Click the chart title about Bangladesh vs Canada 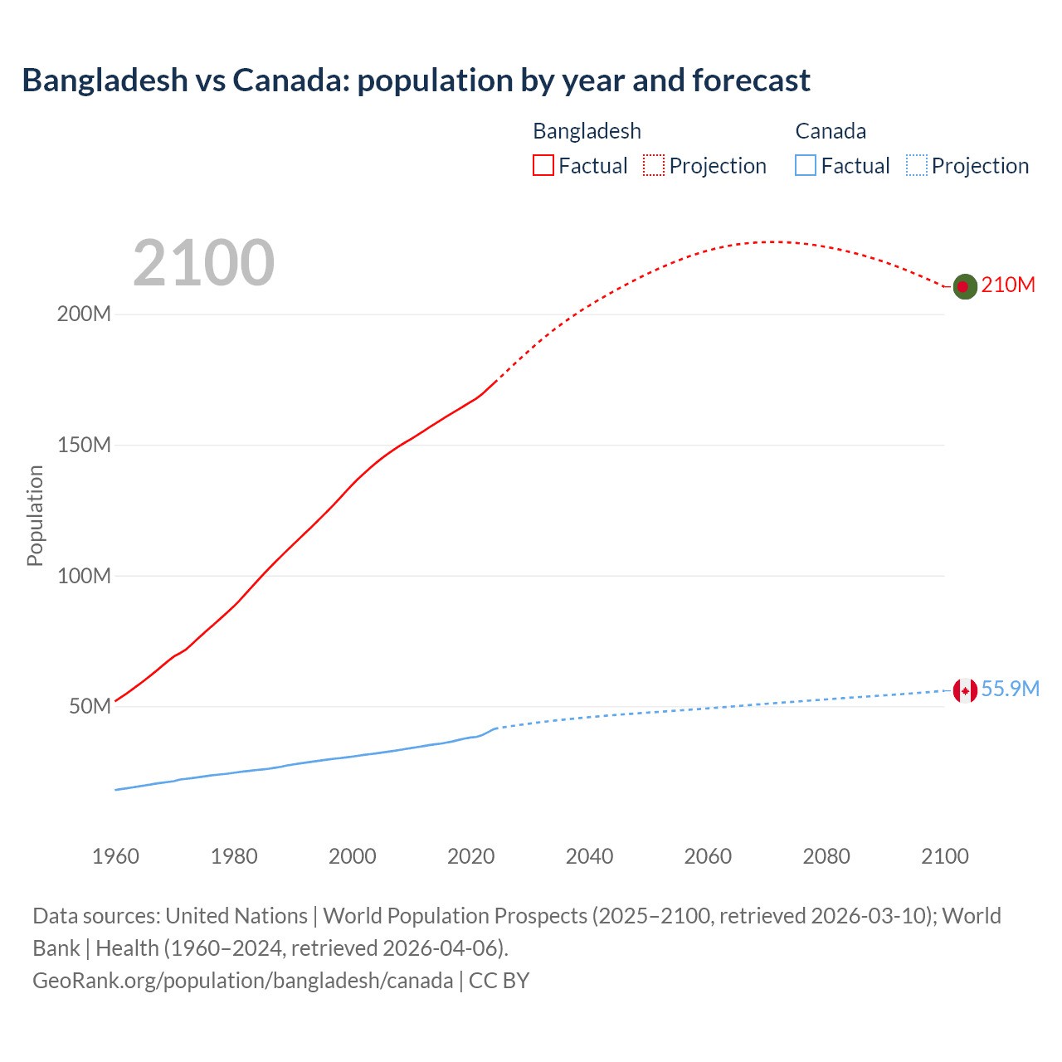416,80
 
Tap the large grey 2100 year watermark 203,263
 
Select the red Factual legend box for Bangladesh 543,166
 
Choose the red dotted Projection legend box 654,166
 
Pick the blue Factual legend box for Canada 806,166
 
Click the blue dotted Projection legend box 917,166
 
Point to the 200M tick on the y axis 84,314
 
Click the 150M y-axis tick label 84,446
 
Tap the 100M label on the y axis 84,576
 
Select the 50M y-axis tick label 90,707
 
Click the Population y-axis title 35,515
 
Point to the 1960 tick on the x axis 115,856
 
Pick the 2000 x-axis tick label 353,856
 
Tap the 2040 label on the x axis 589,856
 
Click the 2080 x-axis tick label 826,856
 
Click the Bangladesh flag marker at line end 964,286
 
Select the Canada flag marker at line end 964,690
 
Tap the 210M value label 1008,285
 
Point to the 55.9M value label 1010,689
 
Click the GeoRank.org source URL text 243,981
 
